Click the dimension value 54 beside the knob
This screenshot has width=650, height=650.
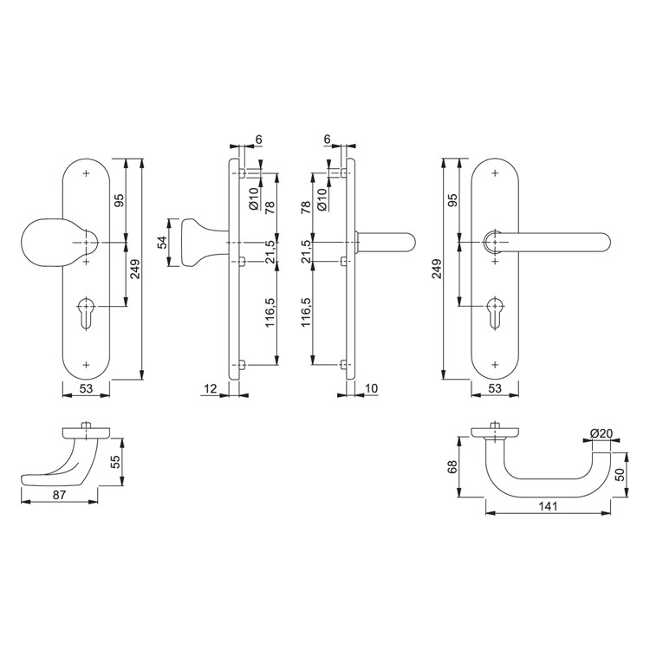[162, 242]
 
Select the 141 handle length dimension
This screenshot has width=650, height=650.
[548, 506]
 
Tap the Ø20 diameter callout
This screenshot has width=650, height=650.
[601, 433]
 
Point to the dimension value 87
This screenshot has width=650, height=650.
[59, 495]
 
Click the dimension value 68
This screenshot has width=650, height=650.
[452, 467]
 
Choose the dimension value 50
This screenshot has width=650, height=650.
[620, 474]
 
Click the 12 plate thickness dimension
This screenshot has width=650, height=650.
[211, 388]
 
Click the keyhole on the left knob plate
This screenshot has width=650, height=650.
[87, 312]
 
